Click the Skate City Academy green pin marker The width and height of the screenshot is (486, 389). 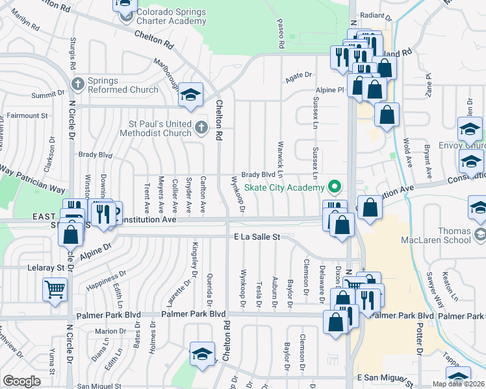coord(335,187)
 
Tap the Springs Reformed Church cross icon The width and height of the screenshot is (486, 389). coord(77,84)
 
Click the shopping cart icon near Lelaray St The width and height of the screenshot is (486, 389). coord(55,289)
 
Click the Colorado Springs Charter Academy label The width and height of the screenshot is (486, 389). coord(171,16)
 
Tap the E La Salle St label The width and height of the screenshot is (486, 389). coord(257,237)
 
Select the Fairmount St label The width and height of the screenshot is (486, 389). coord(24,115)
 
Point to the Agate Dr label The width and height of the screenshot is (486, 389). coord(299,81)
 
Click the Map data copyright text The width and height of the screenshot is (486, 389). coord(458,384)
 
